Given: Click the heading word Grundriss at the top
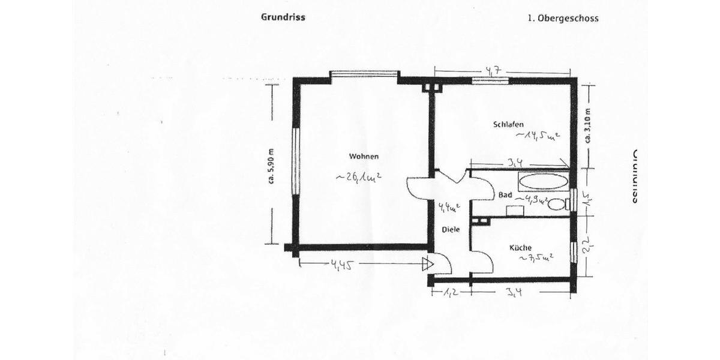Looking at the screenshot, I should click(x=283, y=17).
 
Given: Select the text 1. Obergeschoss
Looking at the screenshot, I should click(x=563, y=18).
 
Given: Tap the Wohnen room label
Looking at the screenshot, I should click(x=364, y=157).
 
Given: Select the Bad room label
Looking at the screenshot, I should click(x=505, y=195).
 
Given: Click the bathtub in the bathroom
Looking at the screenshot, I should click(x=542, y=181).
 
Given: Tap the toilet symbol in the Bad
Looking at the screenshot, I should click(x=557, y=204).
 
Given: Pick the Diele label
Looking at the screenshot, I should click(x=451, y=229).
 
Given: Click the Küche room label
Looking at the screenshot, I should click(x=520, y=247).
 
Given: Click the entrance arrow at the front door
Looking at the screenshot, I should click(x=427, y=263).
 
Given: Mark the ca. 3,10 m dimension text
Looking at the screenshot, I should click(x=587, y=125).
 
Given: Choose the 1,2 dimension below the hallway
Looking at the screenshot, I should click(x=451, y=293).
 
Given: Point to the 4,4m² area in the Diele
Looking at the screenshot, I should click(x=449, y=208).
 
